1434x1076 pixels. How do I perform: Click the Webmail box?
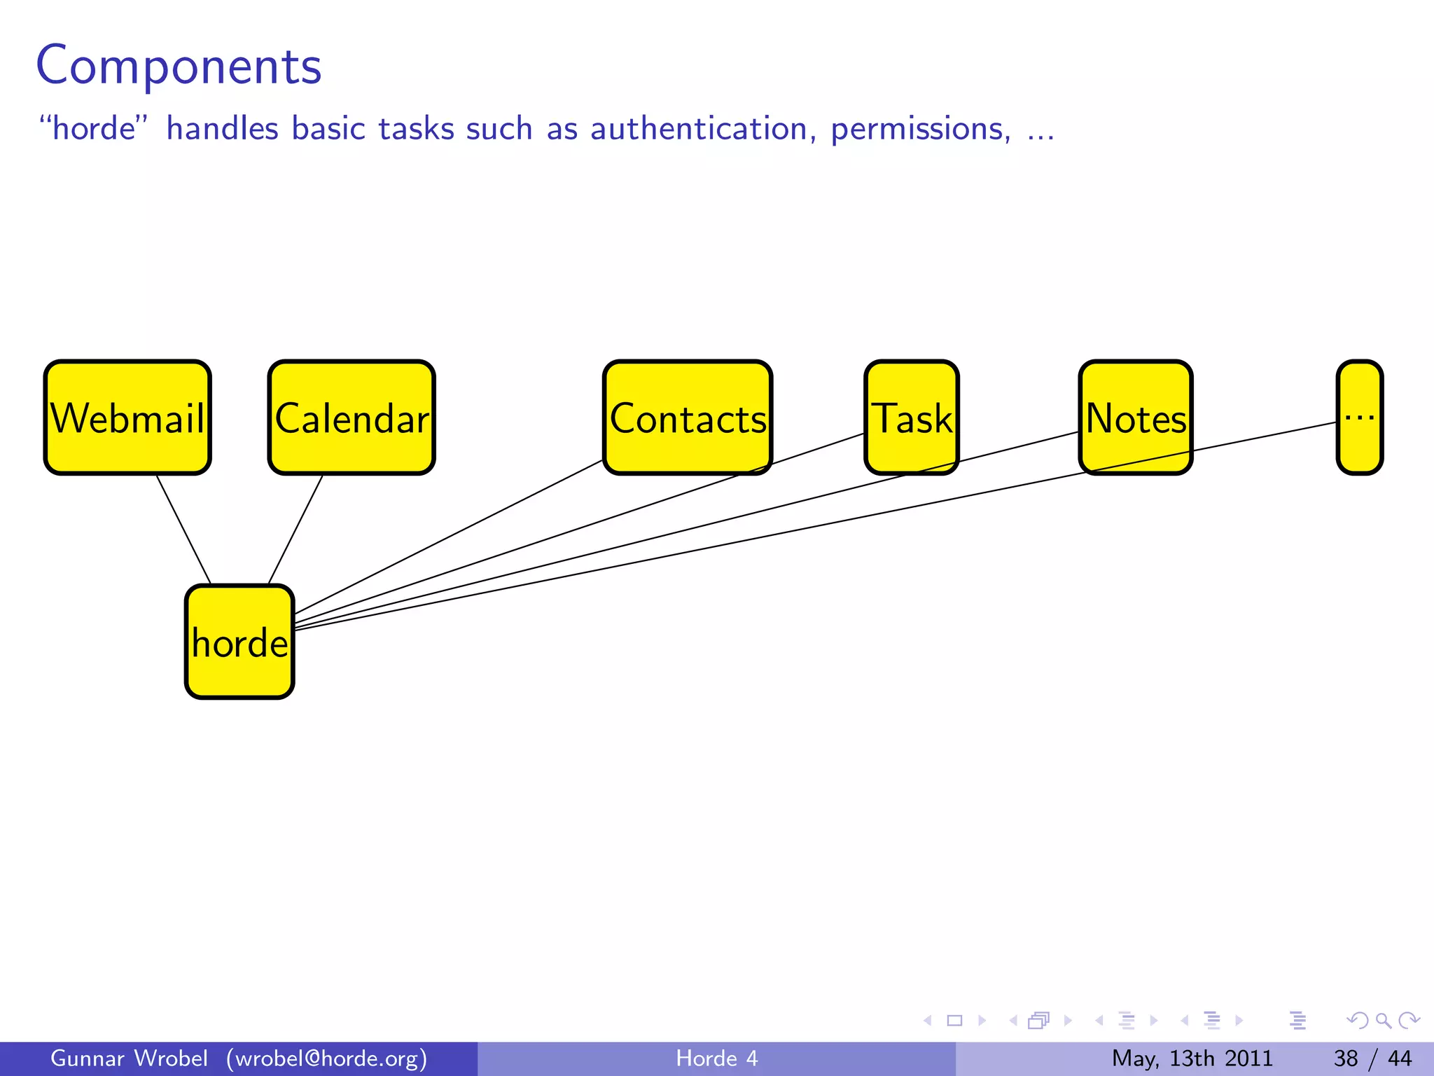coord(127,418)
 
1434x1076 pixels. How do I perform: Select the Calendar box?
coord(351,418)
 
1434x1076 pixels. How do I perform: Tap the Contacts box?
coord(688,418)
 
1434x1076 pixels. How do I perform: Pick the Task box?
coord(911,418)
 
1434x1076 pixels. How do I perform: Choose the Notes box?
coord(1135,418)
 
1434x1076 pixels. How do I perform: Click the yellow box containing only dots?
coord(1359,418)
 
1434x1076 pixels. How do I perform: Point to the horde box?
coord(239,642)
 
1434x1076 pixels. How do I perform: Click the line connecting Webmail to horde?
coord(183,530)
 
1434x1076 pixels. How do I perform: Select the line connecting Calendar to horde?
coord(295,530)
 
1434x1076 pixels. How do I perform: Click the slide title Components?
coord(179,66)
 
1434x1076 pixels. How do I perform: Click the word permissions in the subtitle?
coord(920,130)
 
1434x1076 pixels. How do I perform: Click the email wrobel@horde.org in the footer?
coord(326,1058)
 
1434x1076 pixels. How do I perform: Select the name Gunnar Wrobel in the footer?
coord(129,1058)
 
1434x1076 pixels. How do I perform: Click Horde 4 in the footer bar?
coord(716,1058)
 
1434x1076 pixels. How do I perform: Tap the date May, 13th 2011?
coord(1192,1058)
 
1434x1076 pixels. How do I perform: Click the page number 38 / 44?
coord(1372,1058)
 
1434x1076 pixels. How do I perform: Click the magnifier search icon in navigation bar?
coord(1383,1021)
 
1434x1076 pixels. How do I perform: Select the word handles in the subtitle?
coord(222,130)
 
